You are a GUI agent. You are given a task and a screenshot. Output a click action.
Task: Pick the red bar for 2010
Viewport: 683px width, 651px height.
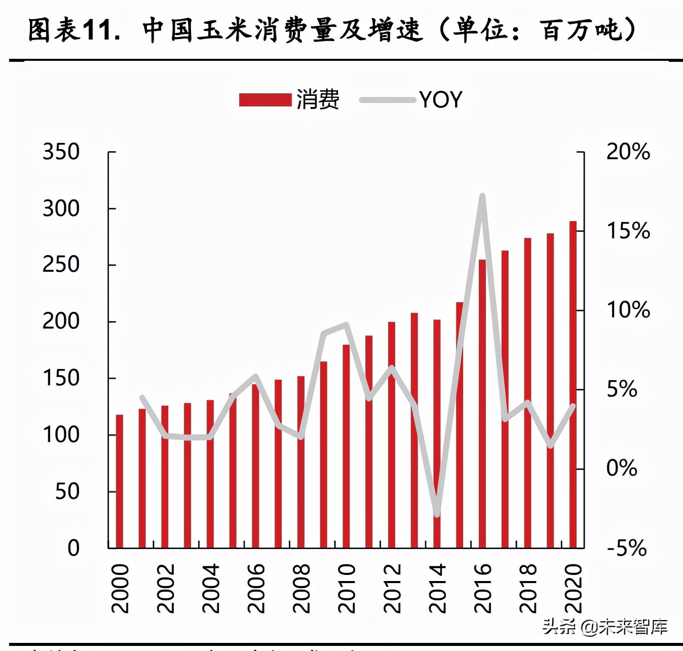click(x=347, y=446)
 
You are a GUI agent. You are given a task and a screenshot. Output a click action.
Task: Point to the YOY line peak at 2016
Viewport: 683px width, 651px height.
click(x=482, y=196)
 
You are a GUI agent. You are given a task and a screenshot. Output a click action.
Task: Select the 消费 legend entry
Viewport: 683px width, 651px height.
click(x=289, y=99)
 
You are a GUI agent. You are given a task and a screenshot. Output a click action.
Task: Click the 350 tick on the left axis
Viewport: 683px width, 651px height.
click(x=61, y=152)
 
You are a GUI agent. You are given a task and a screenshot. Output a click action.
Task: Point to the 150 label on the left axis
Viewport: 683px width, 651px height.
click(x=61, y=378)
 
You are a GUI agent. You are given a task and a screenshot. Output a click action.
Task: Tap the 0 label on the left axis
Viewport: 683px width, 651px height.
click(x=73, y=548)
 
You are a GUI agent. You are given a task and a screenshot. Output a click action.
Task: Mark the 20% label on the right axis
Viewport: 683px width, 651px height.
click(x=628, y=152)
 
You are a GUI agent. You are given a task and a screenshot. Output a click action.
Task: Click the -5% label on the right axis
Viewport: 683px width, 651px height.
click(x=627, y=548)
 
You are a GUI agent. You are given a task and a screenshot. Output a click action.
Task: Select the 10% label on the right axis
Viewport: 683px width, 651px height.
click(x=628, y=310)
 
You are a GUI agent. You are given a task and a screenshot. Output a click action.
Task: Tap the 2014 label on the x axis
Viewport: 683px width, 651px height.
click(x=437, y=588)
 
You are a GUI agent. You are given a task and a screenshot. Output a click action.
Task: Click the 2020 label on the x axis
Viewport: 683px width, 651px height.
click(x=573, y=588)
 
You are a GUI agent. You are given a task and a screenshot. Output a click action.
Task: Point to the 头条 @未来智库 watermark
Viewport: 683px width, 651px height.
click(x=605, y=627)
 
